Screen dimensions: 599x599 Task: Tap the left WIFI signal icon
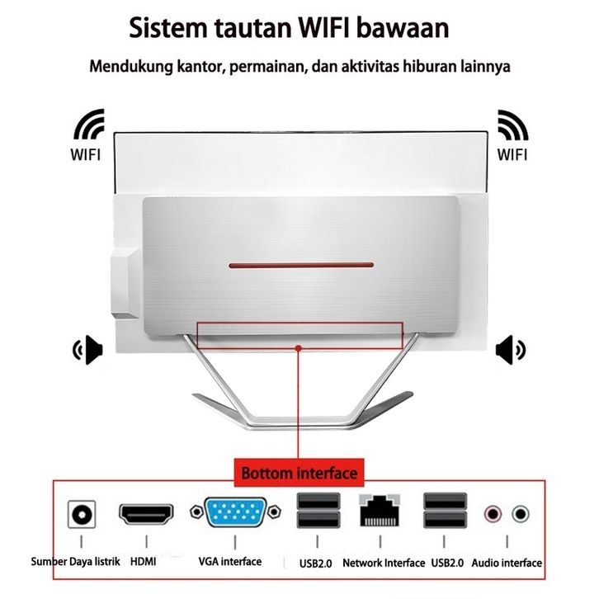click(88, 124)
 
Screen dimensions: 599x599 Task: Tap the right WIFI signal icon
click(513, 125)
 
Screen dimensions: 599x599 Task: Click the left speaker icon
click(87, 350)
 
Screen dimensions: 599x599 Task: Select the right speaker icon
click(511, 350)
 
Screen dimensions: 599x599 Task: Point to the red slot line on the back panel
click(301, 265)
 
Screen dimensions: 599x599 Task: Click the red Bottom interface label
click(299, 473)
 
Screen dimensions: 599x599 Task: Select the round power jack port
click(82, 514)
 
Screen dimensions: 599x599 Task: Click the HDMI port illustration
click(146, 514)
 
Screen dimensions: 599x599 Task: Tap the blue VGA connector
click(235, 512)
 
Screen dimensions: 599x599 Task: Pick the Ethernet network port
click(380, 511)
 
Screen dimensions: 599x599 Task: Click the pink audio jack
click(493, 514)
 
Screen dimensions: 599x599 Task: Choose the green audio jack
click(521, 514)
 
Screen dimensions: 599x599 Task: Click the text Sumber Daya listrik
click(75, 562)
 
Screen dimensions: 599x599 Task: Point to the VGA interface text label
click(230, 562)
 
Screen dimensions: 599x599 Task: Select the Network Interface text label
click(384, 563)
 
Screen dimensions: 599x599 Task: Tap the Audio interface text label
click(507, 563)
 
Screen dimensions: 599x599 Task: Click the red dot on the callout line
click(299, 348)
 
